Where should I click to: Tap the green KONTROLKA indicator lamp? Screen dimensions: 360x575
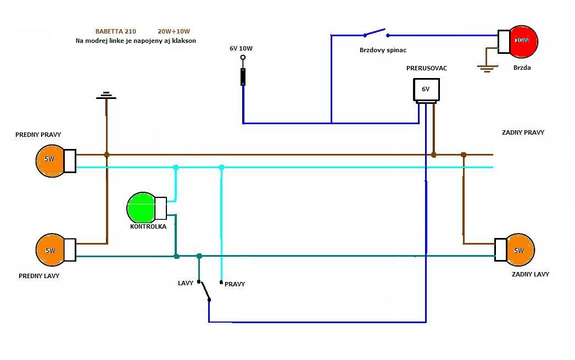(142, 208)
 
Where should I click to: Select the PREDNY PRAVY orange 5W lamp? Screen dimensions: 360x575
(51, 160)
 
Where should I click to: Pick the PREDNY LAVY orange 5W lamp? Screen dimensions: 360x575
(51, 250)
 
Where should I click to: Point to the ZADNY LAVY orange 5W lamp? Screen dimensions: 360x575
(519, 250)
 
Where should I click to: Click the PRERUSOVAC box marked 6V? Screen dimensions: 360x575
(426, 90)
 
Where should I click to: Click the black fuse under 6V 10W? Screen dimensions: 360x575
(243, 77)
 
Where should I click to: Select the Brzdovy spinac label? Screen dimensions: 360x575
(383, 50)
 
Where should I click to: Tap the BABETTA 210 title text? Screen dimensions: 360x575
(116, 31)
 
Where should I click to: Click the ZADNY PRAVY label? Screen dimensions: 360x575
(523, 132)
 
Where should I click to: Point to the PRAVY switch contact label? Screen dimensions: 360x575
(235, 284)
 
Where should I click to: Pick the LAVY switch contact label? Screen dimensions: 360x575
(186, 283)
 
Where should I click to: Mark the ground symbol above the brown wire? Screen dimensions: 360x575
(107, 96)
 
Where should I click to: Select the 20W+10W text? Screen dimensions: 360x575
(177, 31)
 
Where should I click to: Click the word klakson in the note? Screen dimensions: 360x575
(183, 41)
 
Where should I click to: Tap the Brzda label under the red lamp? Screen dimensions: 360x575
(522, 68)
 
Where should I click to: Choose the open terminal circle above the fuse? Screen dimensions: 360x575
(243, 57)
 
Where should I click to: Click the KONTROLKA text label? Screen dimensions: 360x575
(148, 226)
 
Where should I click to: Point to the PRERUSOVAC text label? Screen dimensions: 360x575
(427, 68)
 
